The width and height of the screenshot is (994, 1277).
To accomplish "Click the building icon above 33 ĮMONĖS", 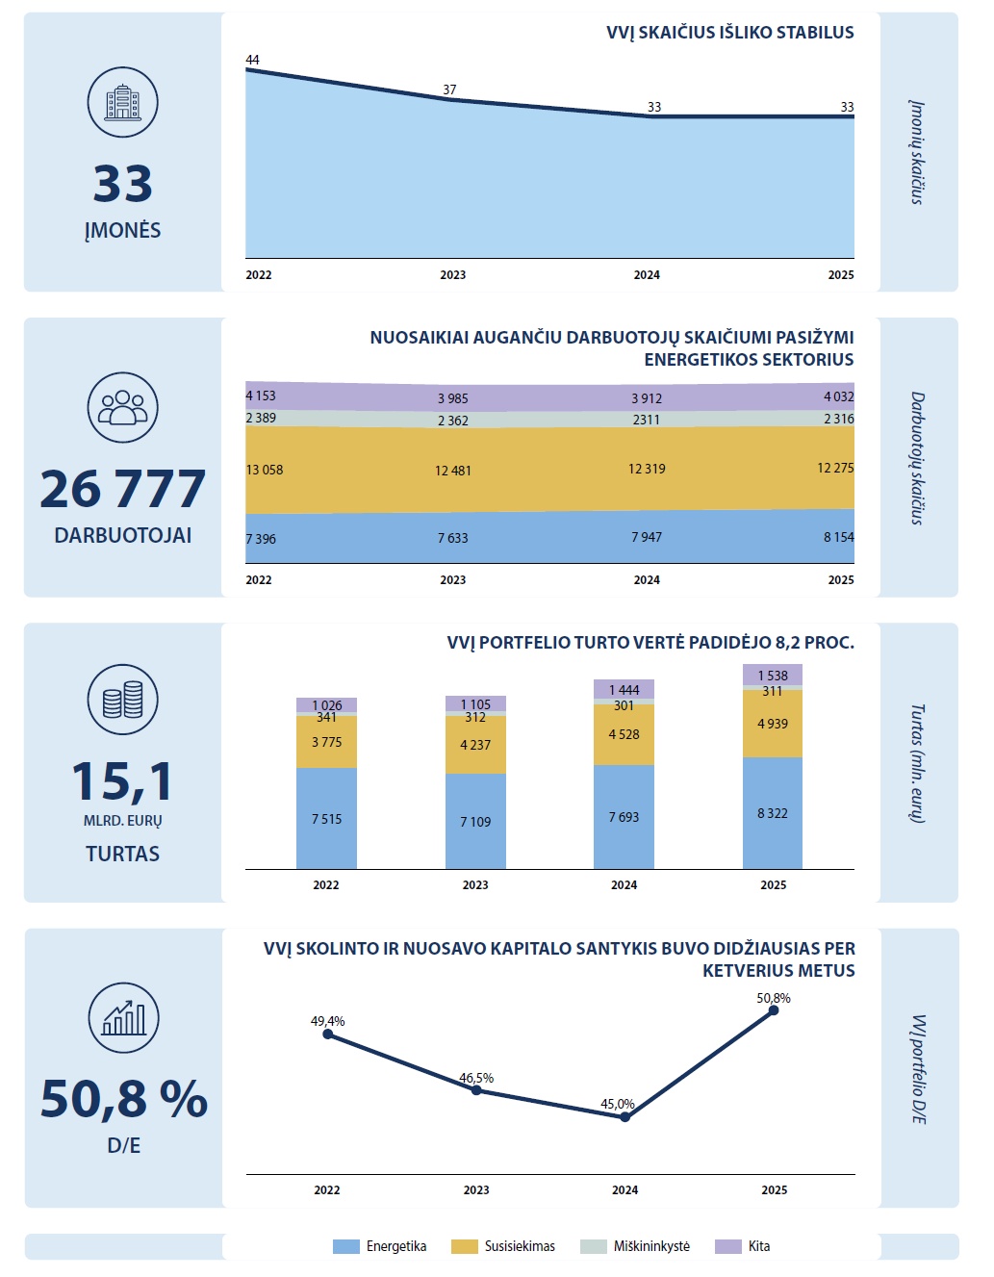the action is coord(122,102).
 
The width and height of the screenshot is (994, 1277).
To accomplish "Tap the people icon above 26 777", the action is coord(122,407).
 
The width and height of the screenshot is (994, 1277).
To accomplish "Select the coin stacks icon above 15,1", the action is coord(122,700).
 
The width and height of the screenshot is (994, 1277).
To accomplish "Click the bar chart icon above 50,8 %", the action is coord(123,1018).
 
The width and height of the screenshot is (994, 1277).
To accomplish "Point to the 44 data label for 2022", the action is coord(253,60).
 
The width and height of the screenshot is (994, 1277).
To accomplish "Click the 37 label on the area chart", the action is coord(449,89).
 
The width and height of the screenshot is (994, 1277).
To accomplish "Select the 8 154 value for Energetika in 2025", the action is coord(838,537).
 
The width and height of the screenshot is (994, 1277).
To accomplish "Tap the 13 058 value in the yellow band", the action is coord(265,470).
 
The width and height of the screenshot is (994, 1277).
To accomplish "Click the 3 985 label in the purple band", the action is coord(453,398).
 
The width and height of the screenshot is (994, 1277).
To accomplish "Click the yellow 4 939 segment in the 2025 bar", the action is coord(773,724).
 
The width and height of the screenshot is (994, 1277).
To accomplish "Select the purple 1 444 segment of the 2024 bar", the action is coord(624,689).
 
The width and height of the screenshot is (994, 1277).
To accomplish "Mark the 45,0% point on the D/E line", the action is coord(625,1116).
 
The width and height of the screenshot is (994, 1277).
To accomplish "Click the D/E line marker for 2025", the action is coord(774,1010).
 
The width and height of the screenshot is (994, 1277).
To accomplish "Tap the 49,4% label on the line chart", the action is coord(328,1021).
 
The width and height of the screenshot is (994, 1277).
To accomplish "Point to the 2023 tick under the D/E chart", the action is coord(476,1189).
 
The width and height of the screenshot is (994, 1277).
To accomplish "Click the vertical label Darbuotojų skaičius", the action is coord(918,458).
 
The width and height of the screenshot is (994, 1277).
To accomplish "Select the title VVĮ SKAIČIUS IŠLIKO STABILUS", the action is coord(730,33).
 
